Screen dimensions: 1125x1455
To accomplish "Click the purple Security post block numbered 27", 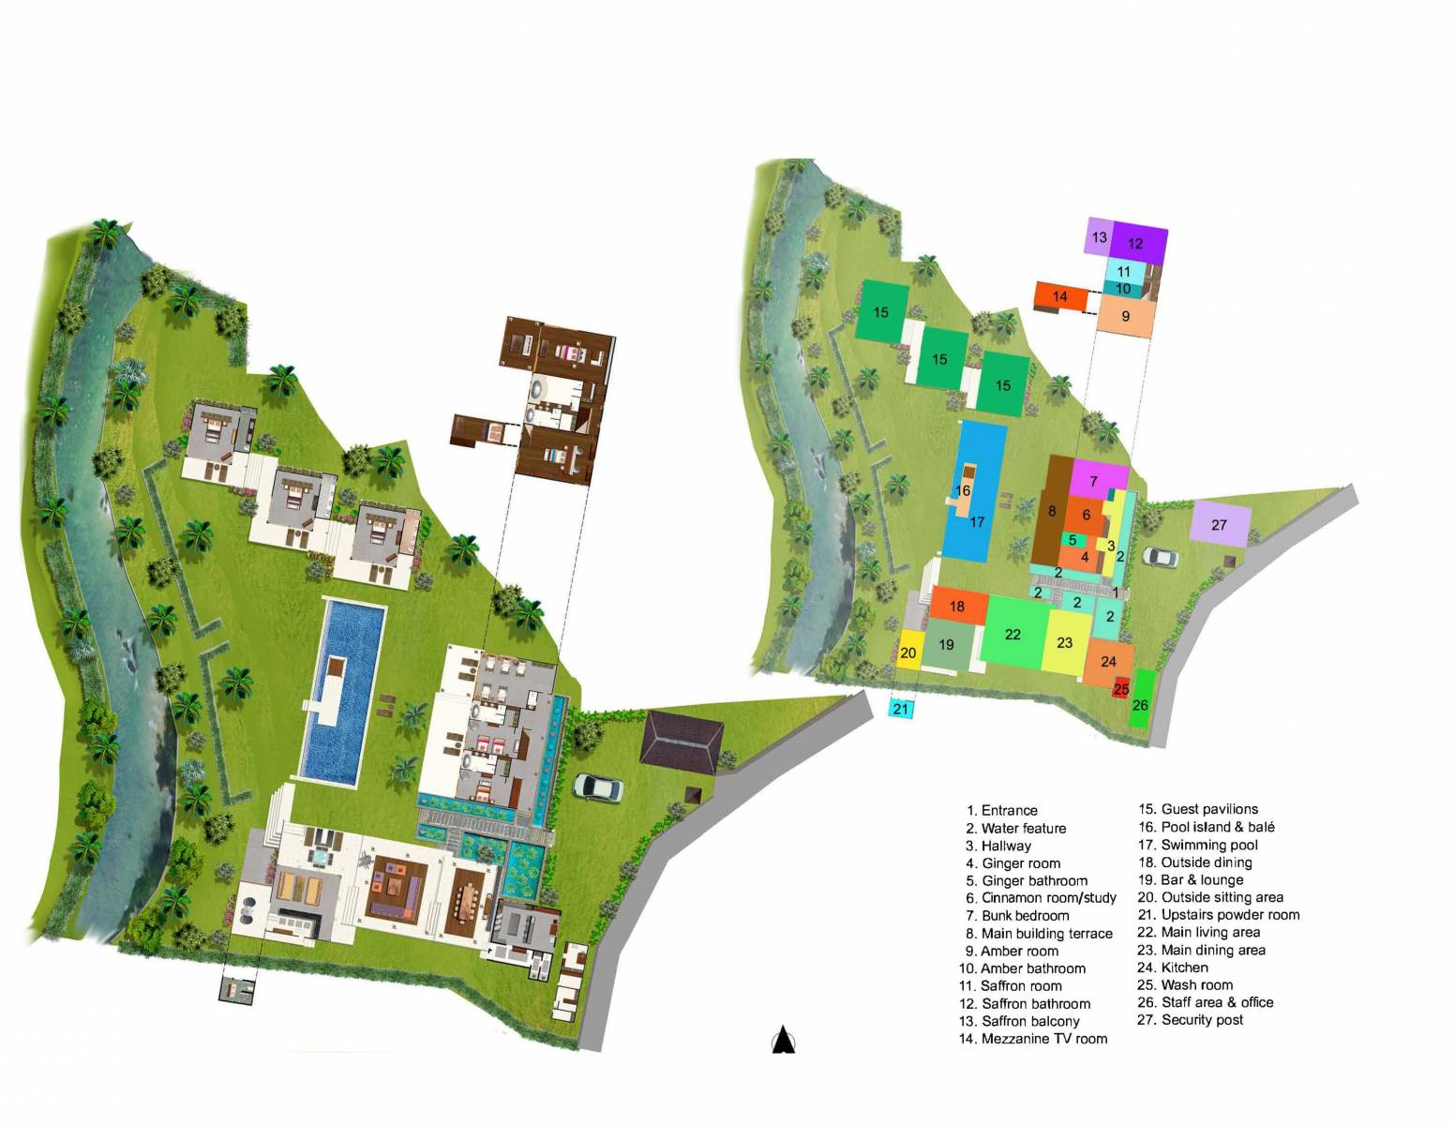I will (x=1220, y=524).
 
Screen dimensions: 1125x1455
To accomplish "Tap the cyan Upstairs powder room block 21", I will (x=901, y=709).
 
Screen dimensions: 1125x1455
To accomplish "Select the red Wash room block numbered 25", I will (x=1120, y=689).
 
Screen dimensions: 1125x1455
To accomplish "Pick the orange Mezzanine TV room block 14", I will (x=1060, y=296).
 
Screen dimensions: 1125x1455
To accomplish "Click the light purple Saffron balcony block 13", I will (x=1099, y=237).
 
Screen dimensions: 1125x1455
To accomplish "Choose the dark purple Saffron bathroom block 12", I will (x=1138, y=244).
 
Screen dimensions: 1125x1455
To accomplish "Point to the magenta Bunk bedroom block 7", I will (x=1095, y=481).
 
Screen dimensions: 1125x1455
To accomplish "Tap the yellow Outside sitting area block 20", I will (x=908, y=652).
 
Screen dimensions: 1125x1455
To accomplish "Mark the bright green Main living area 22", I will (x=1013, y=634).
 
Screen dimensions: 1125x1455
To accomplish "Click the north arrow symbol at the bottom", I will (x=784, y=1041).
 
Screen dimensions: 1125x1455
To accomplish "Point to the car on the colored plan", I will (x=1161, y=558).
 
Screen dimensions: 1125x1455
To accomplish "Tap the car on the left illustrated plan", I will (x=597, y=787).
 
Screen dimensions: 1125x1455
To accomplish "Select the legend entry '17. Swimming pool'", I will (x=1198, y=845).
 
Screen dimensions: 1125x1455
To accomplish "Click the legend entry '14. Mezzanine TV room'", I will (x=1033, y=1039).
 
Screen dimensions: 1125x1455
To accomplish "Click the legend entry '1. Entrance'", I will (x=1002, y=810).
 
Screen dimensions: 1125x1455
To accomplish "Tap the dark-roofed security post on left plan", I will (x=682, y=741).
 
